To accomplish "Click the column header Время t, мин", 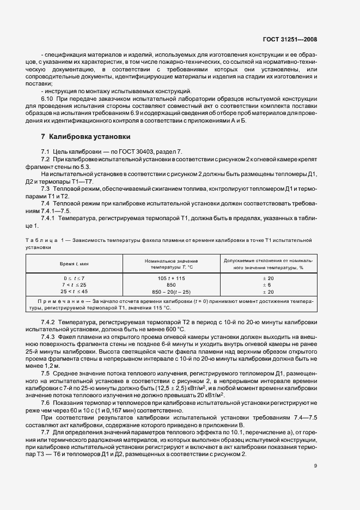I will [x=74, y=264].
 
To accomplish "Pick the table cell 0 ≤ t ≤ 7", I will [x=74, y=278].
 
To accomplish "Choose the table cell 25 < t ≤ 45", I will [x=74, y=292].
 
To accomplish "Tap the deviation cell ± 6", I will [x=266, y=284].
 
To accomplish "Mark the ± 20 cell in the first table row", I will [x=266, y=278].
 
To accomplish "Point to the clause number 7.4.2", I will [x=50, y=317].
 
